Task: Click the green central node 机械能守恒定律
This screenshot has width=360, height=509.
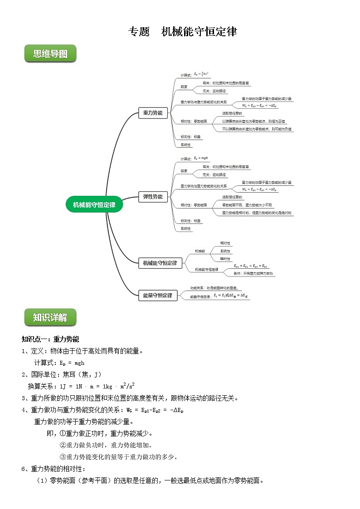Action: point(94,204)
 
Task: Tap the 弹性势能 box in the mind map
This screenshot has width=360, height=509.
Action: point(153,197)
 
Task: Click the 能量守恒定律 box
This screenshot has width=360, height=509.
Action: point(157,296)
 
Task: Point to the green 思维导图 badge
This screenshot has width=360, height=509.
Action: point(50,54)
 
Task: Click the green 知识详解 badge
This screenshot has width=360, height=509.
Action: point(50,317)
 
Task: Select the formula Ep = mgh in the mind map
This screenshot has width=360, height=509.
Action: point(200,158)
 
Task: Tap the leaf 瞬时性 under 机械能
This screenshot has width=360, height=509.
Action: point(225,258)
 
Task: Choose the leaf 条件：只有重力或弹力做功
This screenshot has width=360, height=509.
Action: point(253,274)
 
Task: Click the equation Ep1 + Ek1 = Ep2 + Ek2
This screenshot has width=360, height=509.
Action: point(250,266)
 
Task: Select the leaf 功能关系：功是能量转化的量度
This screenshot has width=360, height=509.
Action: point(216,288)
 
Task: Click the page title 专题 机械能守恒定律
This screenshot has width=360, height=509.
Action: point(183,32)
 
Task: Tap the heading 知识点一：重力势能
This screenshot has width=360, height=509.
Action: point(50,339)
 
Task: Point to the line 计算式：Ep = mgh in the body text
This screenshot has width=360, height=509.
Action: point(59,363)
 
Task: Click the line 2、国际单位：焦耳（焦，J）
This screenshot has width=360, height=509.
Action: point(62,374)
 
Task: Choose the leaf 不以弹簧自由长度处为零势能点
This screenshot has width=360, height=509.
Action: point(257,129)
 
